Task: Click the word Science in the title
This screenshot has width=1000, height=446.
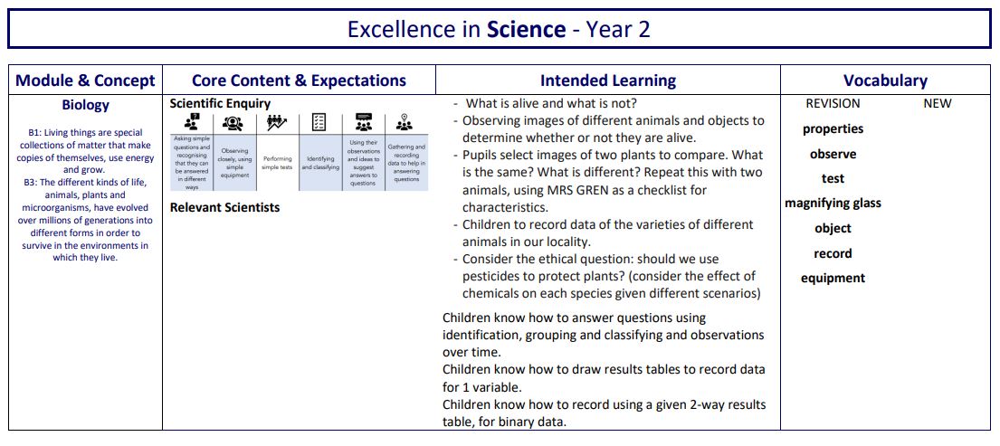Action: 526,29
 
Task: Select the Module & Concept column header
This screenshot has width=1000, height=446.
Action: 85,81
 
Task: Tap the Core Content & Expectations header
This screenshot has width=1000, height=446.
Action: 299,81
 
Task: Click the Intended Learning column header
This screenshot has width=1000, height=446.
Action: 607,81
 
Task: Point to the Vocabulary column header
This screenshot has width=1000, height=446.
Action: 885,81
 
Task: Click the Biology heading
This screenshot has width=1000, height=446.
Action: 85,105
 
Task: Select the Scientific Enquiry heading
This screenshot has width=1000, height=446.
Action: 220,104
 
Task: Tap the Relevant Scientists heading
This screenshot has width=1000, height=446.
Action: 224,207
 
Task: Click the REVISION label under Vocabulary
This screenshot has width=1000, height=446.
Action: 833,104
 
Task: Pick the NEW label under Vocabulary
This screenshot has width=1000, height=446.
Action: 937,104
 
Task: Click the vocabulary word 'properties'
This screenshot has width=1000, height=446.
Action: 833,129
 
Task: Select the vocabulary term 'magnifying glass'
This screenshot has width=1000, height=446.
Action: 833,204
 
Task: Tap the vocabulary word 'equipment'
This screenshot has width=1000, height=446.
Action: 833,279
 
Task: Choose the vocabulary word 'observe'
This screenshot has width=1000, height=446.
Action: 833,155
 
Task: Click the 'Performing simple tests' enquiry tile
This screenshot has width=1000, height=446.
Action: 277,162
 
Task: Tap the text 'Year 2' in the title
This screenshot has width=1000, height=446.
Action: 618,29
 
